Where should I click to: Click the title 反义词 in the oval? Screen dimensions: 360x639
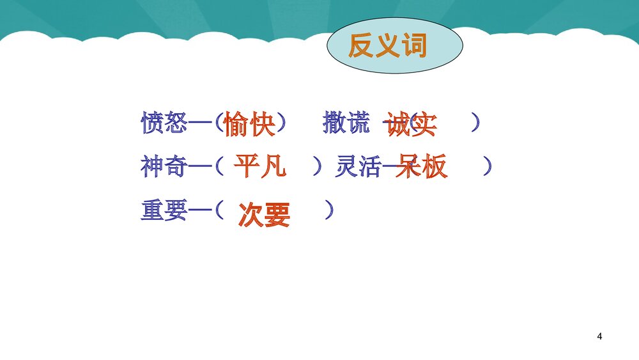pos(387,47)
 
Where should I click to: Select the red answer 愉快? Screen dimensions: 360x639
pos(250,125)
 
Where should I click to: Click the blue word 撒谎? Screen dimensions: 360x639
pos(346,123)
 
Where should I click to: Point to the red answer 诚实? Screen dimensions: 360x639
pos(411,125)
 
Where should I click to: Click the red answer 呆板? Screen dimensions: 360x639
pos(421,167)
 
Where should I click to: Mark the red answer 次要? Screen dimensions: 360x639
pos(264,215)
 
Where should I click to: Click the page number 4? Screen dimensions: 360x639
pos(599,336)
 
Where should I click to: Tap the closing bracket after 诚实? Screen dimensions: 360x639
pos(475,123)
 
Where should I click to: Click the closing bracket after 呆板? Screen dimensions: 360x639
pos(488,167)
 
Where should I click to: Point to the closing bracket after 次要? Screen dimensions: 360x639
pos(328,210)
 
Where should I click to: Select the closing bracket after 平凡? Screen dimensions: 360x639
pos(317,167)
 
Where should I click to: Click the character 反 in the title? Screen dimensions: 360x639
pos(361,47)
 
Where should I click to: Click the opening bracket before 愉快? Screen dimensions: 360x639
pos(219,123)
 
